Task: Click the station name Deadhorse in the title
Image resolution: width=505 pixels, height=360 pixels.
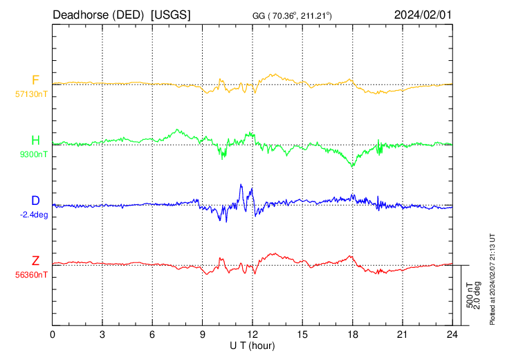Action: [x=77, y=15]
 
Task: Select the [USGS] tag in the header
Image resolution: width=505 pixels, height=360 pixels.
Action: [x=171, y=15]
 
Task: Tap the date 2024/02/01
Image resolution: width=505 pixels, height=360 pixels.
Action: [x=423, y=15]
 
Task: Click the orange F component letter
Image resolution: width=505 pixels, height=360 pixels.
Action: [x=35, y=80]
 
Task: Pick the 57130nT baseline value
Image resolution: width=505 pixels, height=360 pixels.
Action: [x=33, y=94]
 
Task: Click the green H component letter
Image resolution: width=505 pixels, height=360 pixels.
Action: [x=35, y=141]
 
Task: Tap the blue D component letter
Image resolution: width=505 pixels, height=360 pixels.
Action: [x=35, y=201]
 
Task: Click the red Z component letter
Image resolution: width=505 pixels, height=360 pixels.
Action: [x=35, y=261]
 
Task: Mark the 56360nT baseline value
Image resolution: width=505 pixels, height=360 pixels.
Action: [x=33, y=275]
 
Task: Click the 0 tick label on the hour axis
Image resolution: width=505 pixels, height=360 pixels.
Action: [x=53, y=334]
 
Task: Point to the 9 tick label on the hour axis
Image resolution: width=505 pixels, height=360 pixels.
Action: [x=203, y=334]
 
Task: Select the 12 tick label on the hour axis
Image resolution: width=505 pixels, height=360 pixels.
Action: [x=252, y=334]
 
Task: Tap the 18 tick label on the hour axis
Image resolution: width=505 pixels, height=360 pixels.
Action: [x=352, y=334]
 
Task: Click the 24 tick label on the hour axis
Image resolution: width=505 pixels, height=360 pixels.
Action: [x=452, y=334]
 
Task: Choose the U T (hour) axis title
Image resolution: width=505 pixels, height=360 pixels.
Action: [x=252, y=345]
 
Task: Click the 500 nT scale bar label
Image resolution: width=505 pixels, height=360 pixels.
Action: [x=469, y=295]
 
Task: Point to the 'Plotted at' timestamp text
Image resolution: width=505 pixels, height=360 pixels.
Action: [x=493, y=278]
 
